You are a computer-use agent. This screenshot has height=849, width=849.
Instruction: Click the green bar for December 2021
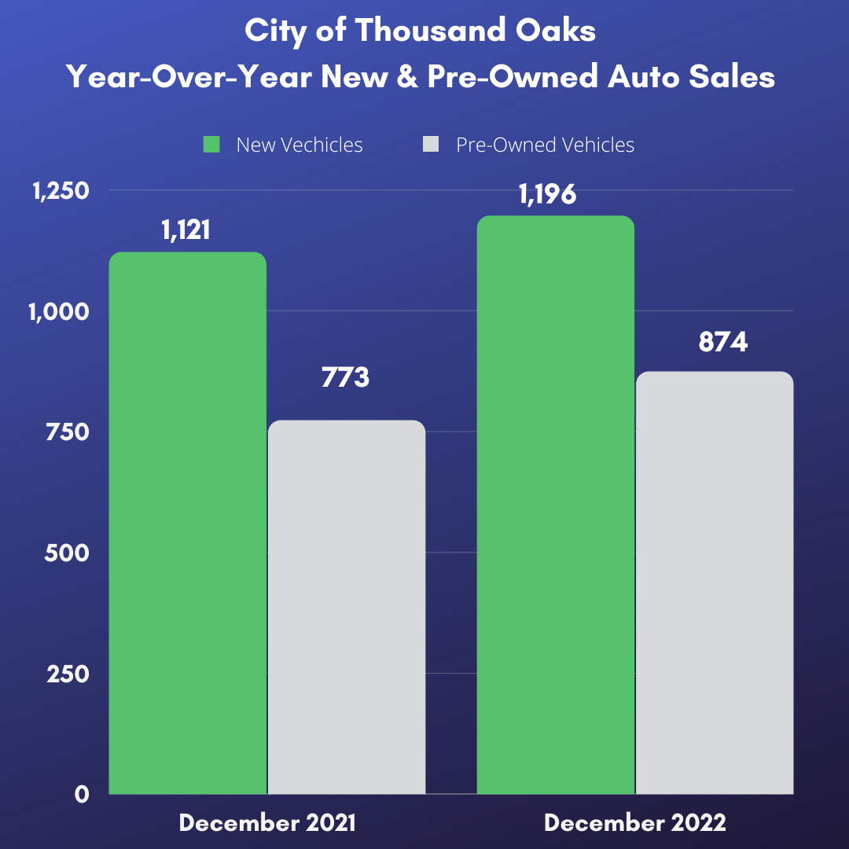pos(187,523)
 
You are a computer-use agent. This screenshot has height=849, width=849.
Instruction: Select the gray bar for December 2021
pos(347,607)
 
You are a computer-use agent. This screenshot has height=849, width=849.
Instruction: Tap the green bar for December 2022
pos(555,505)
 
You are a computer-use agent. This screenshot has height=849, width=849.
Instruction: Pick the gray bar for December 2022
pos(714,583)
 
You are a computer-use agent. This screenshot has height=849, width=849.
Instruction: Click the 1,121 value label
pos(187,230)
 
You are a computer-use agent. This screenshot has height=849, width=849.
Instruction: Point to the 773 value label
pos(345,377)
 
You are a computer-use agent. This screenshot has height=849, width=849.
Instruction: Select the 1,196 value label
pos(548,193)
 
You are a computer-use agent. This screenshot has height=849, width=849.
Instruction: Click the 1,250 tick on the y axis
pos(60,191)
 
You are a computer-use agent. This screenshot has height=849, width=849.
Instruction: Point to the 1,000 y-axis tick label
pos(60,311)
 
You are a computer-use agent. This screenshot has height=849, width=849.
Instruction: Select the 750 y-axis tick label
pos(68,432)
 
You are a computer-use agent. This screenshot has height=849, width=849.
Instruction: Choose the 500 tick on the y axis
pos(68,553)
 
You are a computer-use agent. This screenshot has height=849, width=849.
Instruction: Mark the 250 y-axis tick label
pos(68,674)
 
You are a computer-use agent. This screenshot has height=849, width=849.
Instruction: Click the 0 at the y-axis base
pos(82,795)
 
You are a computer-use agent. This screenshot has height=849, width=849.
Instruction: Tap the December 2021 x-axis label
pos(267,823)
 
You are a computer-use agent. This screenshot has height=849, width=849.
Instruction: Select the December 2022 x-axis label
pos(635,823)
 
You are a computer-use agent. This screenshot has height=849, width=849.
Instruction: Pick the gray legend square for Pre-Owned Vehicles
pos(430,145)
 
